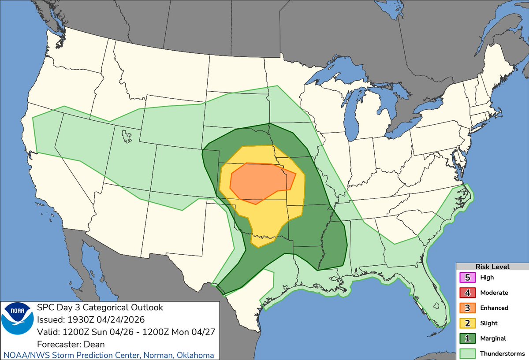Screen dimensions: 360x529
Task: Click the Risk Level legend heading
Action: click(492, 267)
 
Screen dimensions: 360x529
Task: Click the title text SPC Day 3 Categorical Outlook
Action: click(100, 308)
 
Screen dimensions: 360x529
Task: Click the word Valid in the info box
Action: click(47, 331)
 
